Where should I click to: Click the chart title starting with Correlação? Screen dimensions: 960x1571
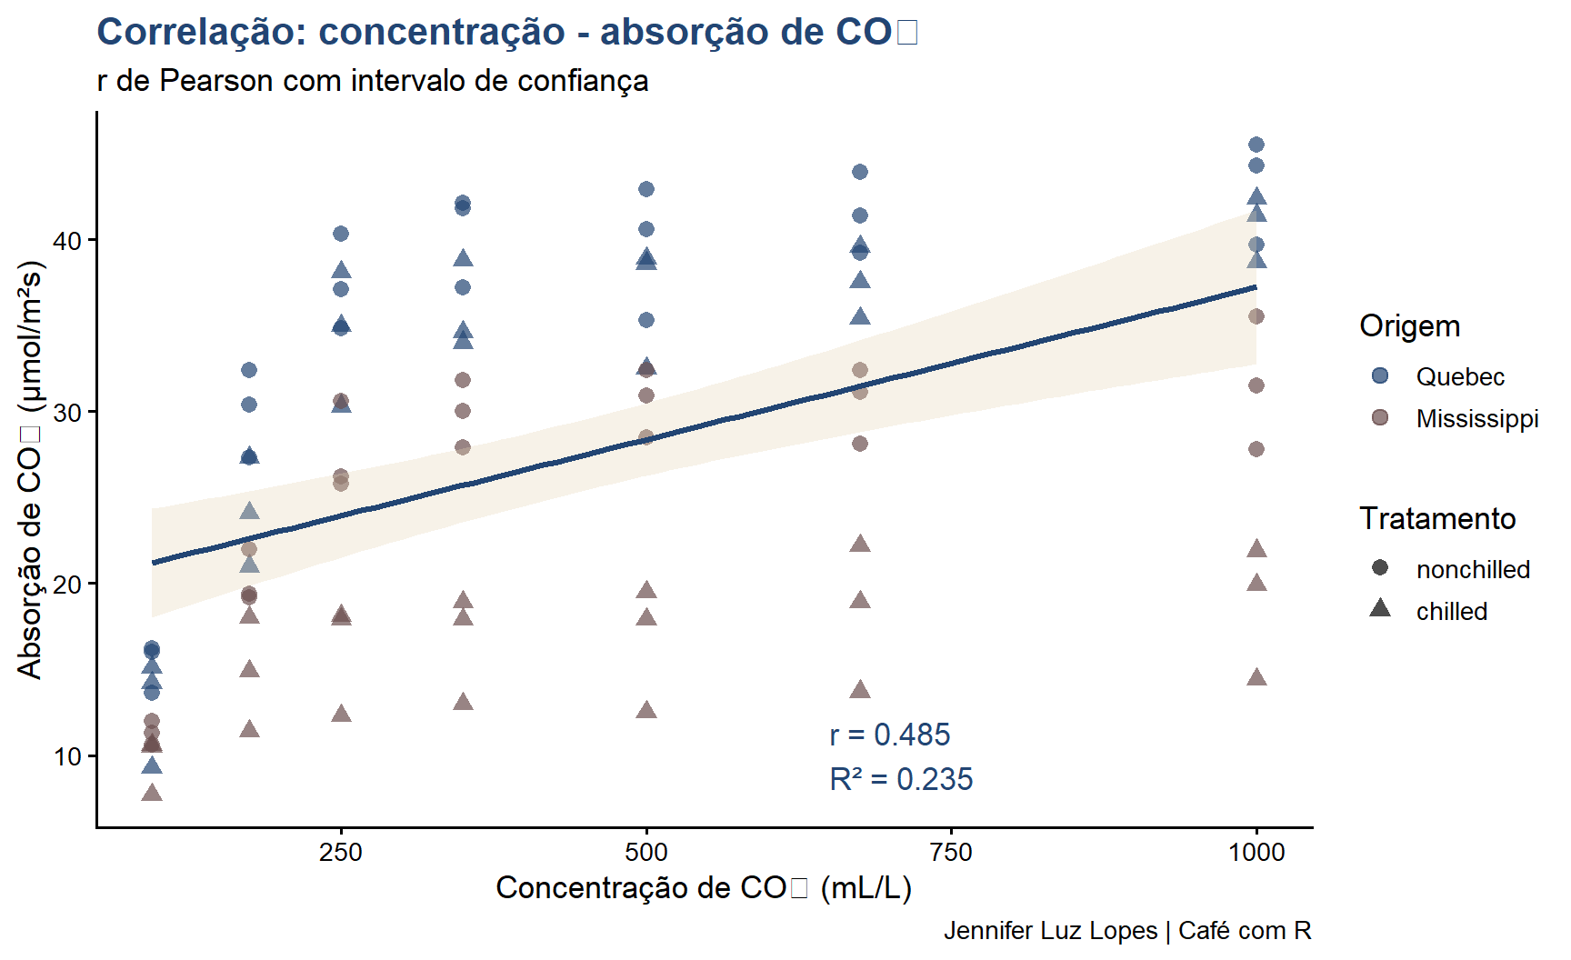506,32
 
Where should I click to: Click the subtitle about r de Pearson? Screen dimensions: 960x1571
372,81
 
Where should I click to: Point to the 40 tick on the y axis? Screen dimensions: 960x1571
67,241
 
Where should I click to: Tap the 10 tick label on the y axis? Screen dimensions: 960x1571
67,756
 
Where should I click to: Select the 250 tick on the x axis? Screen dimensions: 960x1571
341,852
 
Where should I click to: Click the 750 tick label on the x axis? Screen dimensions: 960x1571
951,852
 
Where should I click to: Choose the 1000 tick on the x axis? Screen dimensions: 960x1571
1256,852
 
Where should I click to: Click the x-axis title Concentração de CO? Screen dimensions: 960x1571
703,888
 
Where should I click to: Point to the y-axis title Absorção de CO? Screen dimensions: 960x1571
30,470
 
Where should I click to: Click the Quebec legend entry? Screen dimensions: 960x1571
1459,376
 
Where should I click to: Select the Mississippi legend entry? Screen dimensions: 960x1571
1476,418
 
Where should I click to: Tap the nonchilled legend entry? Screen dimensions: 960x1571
1473,569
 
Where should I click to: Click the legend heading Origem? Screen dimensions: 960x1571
1409,325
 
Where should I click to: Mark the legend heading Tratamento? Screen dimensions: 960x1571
1437,518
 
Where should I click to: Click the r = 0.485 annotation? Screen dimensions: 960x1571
889,735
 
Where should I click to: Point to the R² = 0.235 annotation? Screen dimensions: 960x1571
900,779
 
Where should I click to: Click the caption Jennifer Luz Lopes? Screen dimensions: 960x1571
1126,931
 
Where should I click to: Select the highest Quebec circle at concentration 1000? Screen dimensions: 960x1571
1256,145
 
